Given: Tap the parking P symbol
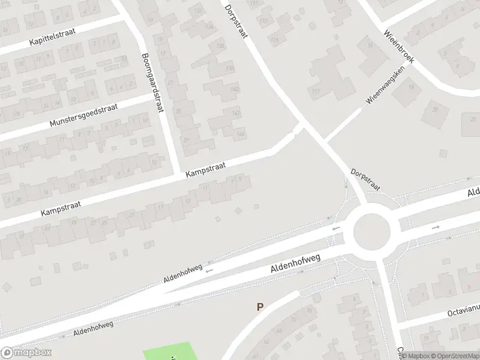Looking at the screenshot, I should pos(260,307).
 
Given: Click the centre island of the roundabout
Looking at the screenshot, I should pos(372,232).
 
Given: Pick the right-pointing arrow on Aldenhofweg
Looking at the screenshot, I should pos(436,227).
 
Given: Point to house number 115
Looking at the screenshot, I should pos(275,40).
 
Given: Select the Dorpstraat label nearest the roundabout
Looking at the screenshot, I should pos(365,178).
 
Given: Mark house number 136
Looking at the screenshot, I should pos(221,46).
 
